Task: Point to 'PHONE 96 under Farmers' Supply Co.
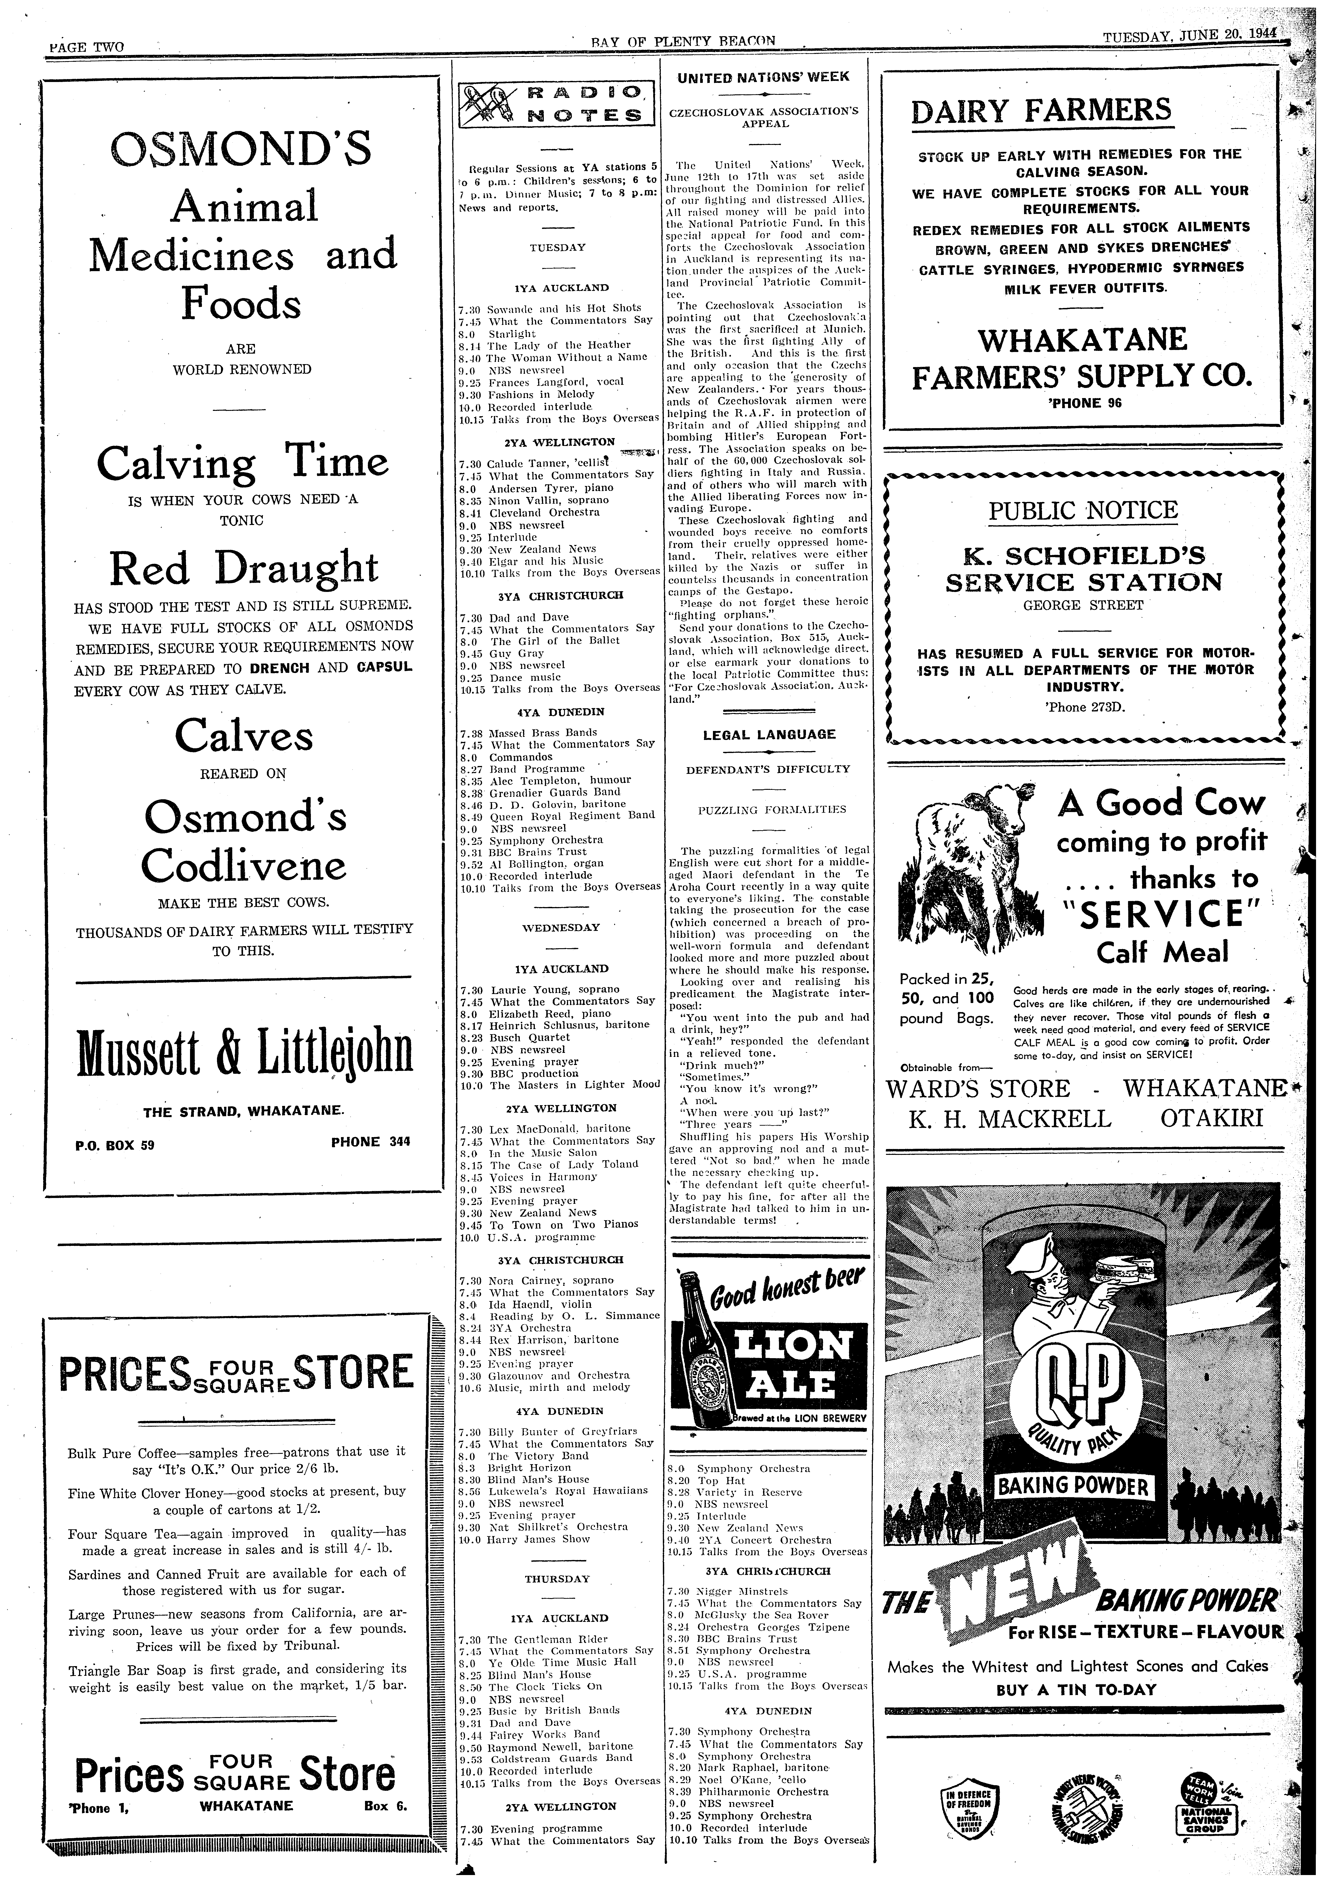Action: point(1084,403)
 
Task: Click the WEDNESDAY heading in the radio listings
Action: point(561,928)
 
